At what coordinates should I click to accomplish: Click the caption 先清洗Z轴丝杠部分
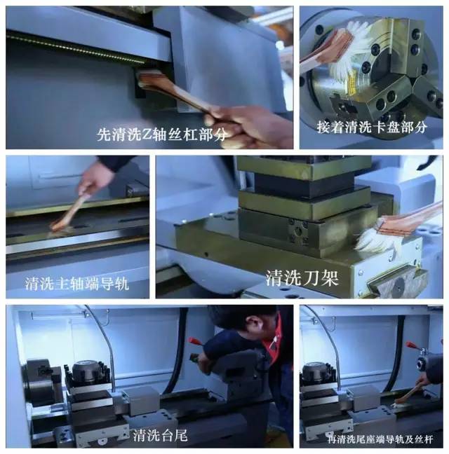[x=161, y=135]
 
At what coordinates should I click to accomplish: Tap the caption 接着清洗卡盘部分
[x=372, y=127]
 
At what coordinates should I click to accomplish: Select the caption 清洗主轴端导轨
[x=76, y=284]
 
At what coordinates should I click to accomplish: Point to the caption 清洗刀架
[x=302, y=278]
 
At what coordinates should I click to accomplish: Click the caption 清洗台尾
[x=160, y=435]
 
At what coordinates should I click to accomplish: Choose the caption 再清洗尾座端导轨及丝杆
[x=380, y=439]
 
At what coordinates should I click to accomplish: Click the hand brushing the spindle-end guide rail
[x=95, y=176]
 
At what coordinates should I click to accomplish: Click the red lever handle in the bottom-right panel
[x=413, y=345]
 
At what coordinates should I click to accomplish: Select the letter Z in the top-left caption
[x=147, y=135]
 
